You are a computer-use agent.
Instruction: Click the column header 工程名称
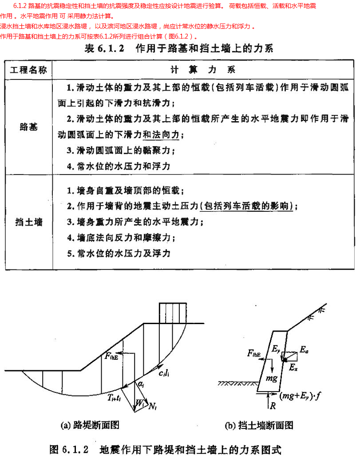click(28, 70)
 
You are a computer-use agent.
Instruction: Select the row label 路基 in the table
click(28, 127)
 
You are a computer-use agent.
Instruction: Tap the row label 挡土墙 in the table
click(28, 222)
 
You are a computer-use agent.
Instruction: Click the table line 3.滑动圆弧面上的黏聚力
click(120, 151)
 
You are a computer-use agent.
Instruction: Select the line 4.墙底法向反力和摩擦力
click(120, 238)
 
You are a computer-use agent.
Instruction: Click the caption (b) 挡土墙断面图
click(259, 425)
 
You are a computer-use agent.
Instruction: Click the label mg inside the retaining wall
click(271, 378)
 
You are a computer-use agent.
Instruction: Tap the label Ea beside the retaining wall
click(304, 351)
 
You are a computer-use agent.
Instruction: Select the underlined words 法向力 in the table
click(165, 134)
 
